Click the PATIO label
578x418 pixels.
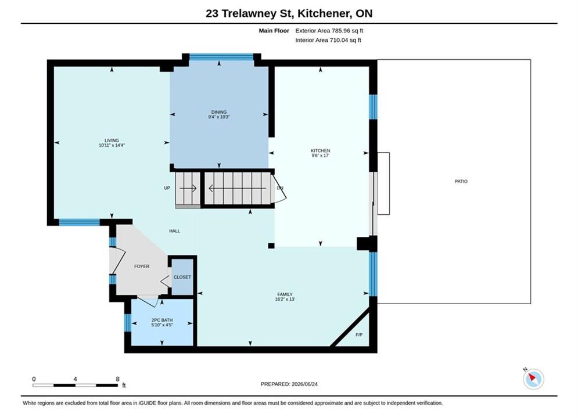pyautogui.click(x=461, y=181)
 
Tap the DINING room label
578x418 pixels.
pyautogui.click(x=219, y=112)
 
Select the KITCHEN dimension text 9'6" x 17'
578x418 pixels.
pyautogui.click(x=320, y=156)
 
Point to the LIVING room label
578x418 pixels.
pyautogui.click(x=112, y=140)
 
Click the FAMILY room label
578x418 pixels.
pyautogui.click(x=285, y=294)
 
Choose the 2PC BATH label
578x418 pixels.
pyautogui.click(x=162, y=320)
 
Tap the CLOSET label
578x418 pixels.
pyautogui.click(x=182, y=277)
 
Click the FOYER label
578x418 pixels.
pyautogui.click(x=142, y=266)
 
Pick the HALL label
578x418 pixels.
pyautogui.click(x=174, y=231)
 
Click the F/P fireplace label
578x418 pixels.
pyautogui.click(x=359, y=335)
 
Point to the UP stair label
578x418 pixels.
pyautogui.click(x=167, y=188)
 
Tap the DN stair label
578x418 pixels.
pyautogui.click(x=280, y=188)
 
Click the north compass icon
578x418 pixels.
pyautogui.click(x=533, y=379)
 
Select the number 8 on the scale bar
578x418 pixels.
pyautogui.click(x=117, y=379)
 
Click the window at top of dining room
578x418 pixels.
pyautogui.click(x=221, y=57)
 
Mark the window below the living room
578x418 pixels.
pyautogui.click(x=79, y=222)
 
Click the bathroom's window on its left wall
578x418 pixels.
pyautogui.click(x=128, y=323)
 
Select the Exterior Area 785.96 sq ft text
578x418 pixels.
pyautogui.click(x=329, y=31)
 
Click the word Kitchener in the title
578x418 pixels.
pyautogui.click(x=324, y=13)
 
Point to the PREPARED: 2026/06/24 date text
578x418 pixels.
pyautogui.click(x=289, y=384)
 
